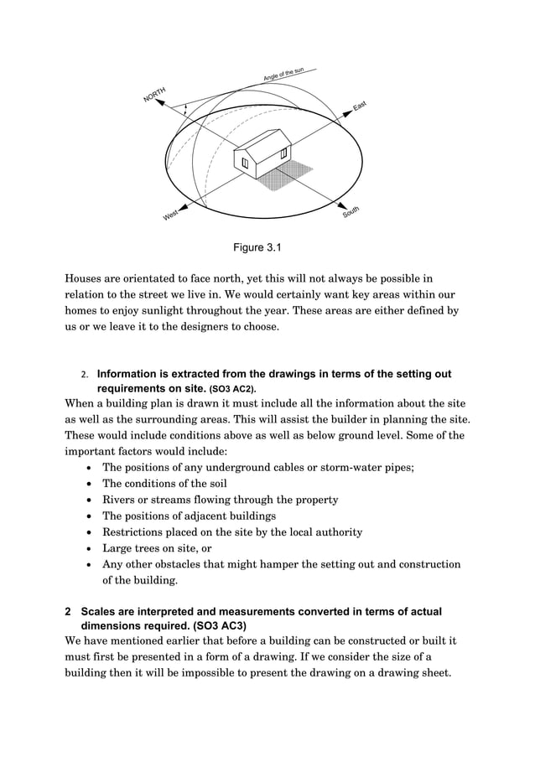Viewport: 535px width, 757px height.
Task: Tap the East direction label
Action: tap(360, 106)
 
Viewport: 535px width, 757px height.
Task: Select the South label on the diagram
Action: tap(351, 212)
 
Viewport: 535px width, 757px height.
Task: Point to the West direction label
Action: tap(170, 216)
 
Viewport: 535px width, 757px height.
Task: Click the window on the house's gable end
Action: tap(244, 163)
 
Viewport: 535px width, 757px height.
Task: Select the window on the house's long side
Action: tap(284, 153)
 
